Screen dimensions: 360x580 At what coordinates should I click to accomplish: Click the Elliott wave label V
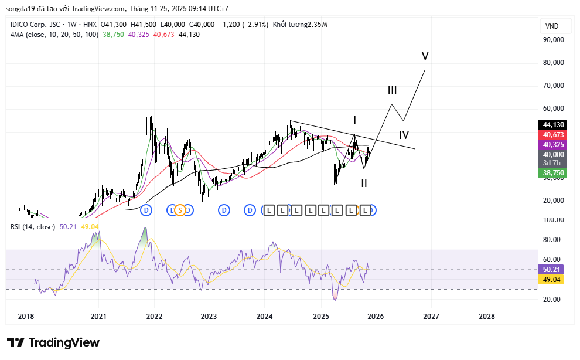tap(425, 56)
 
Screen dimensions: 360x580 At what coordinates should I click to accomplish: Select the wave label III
tap(392, 91)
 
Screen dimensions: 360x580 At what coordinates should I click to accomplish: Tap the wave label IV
tap(404, 135)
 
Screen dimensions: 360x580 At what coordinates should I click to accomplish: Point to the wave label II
tap(364, 183)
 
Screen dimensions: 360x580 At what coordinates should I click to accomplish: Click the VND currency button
tap(551, 26)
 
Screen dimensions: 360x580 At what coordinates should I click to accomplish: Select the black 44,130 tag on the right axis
tap(553, 125)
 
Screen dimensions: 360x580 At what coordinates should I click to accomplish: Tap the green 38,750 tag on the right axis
tap(553, 173)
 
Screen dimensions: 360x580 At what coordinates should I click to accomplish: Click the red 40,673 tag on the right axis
tap(553, 135)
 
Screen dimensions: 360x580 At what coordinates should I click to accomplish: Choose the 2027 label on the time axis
tap(431, 317)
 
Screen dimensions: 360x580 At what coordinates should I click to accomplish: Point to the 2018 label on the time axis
tap(26, 317)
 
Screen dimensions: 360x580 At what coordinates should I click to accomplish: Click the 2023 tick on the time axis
tap(209, 317)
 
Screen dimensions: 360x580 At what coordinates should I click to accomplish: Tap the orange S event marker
tap(180, 210)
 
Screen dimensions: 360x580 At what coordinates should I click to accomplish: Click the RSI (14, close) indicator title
tap(33, 227)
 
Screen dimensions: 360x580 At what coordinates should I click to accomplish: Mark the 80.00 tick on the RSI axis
tap(552, 240)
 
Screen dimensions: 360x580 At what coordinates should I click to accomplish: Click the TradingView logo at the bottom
tap(53, 342)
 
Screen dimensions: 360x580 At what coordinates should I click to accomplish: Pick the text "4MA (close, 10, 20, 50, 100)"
tap(54, 35)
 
